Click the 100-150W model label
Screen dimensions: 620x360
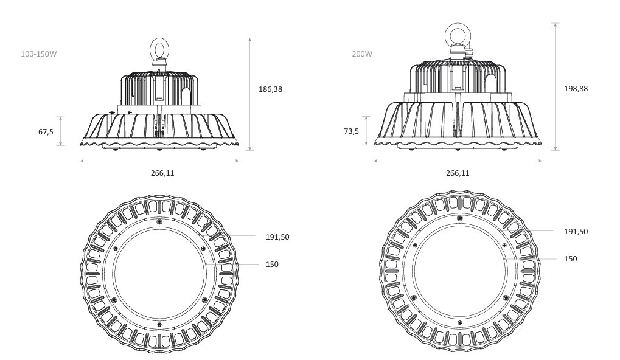point(39,54)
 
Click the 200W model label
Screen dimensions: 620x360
point(362,54)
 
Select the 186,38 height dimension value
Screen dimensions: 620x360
point(271,89)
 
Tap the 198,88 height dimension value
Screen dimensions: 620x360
point(576,89)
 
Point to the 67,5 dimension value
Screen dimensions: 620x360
point(46,131)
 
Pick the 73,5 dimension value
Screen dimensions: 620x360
point(352,131)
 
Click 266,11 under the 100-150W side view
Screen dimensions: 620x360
point(162,173)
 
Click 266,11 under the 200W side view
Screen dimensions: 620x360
point(458,173)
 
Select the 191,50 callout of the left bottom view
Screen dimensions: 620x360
point(277,237)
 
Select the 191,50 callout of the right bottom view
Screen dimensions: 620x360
point(576,232)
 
